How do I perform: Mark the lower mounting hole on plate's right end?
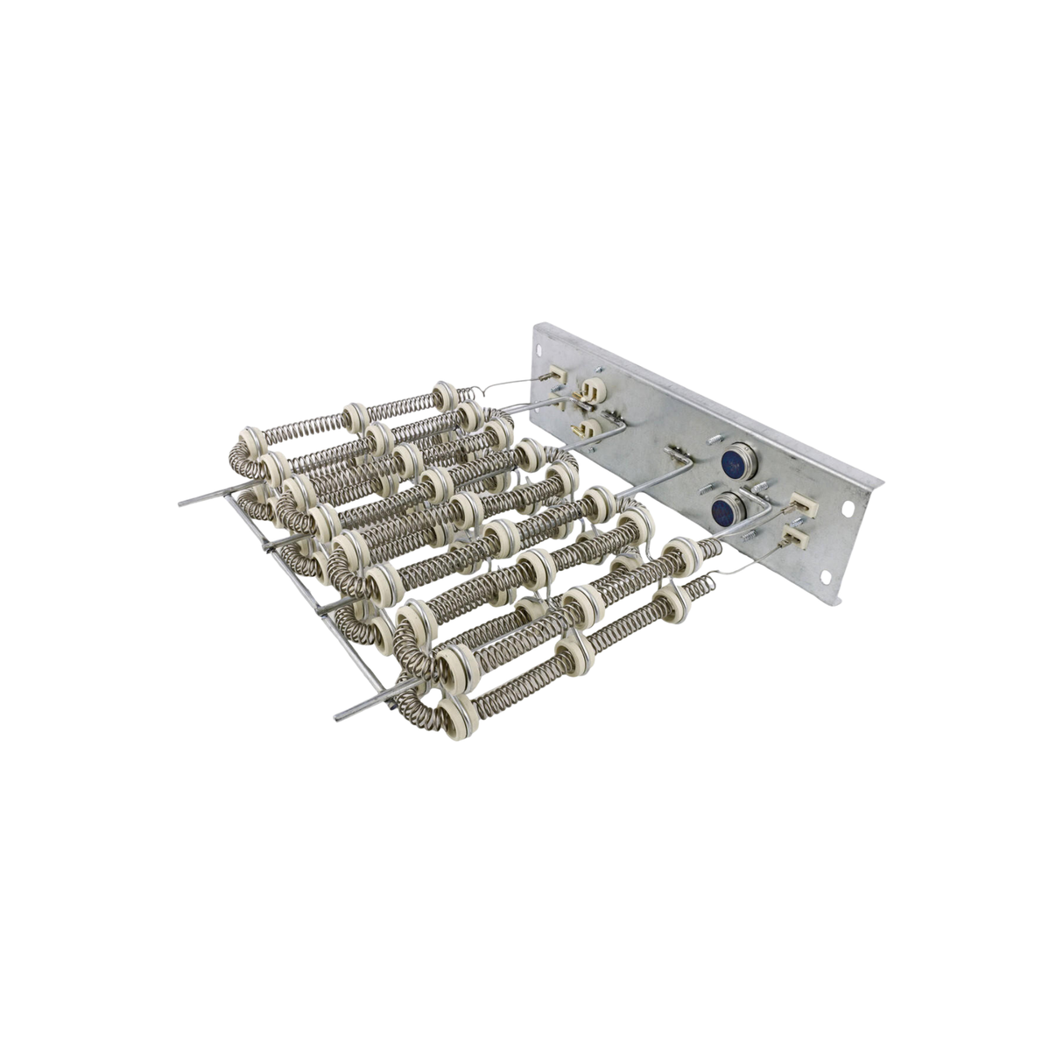(823, 575)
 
